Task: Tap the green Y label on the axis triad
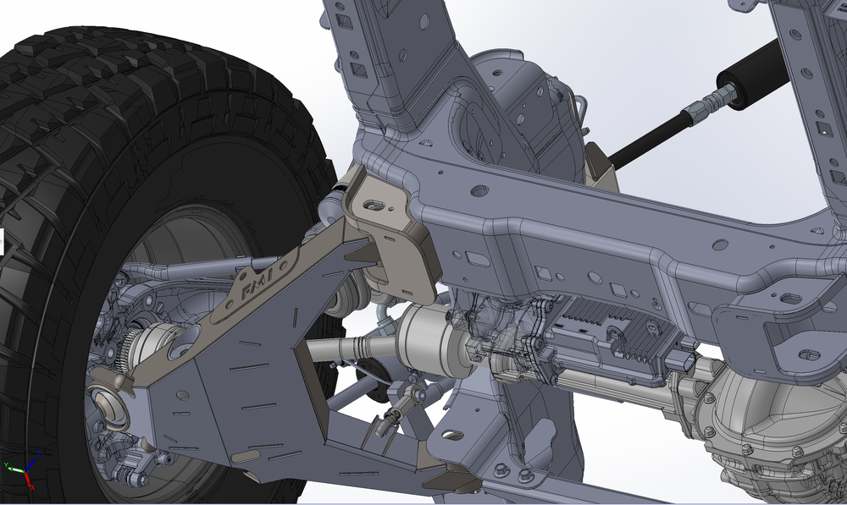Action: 6,465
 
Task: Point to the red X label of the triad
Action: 32,487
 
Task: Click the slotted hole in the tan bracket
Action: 372,205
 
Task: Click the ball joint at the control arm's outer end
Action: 108,403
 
